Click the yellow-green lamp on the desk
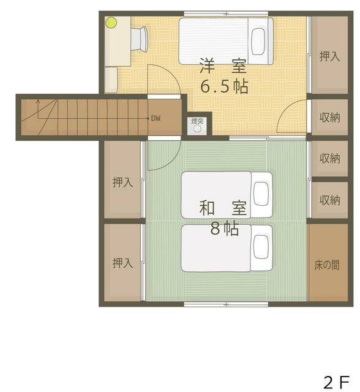tap(111, 23)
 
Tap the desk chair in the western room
tap(140, 39)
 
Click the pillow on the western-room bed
tap(258, 41)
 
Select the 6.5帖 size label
tap(224, 86)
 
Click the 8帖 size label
tap(224, 228)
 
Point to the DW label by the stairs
tap(156, 118)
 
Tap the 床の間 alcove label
tap(327, 265)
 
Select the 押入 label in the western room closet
tap(329, 56)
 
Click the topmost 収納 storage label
tap(329, 117)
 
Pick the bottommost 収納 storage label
tap(329, 200)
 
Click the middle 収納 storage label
tap(329, 158)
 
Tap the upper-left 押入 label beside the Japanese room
tap(122, 182)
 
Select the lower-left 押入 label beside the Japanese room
tap(122, 263)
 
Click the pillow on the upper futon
tap(261, 194)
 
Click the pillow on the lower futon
tap(261, 247)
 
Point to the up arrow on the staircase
tap(38, 109)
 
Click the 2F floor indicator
tap(336, 382)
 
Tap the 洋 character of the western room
tap(207, 66)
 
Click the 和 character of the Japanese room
tap(207, 208)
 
